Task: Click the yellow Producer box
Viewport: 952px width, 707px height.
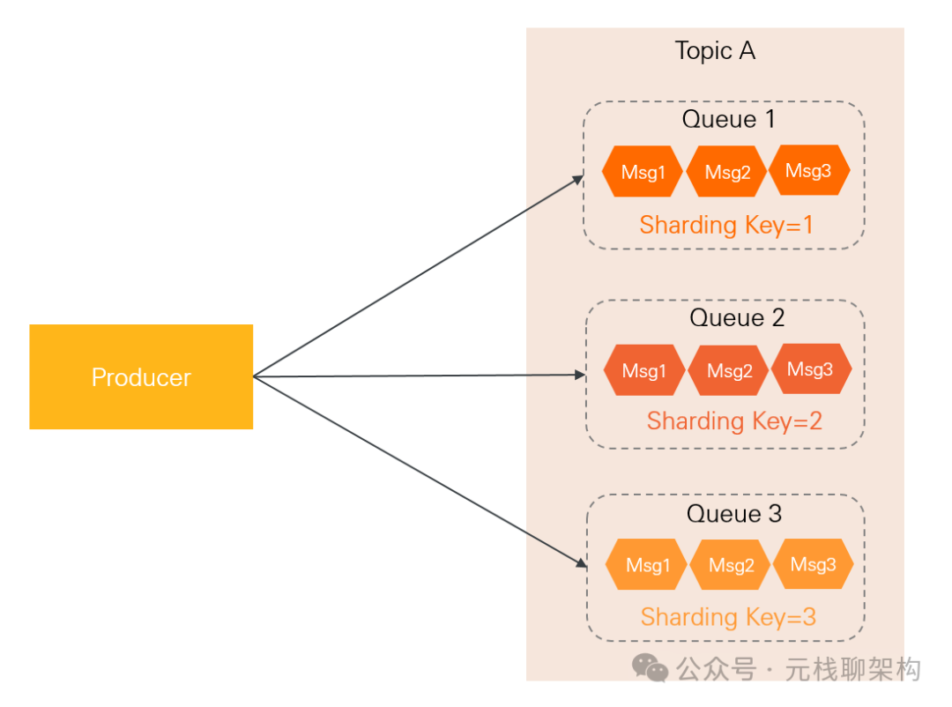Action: pos(141,377)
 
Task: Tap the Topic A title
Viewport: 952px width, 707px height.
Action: pos(715,51)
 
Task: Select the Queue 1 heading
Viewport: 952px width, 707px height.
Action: pos(728,120)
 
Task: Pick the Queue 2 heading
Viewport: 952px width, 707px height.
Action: pos(737,317)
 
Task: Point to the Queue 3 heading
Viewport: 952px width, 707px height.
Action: pos(734,514)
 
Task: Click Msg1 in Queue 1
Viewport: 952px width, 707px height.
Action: pos(643,172)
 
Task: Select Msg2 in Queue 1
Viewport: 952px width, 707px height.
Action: pos(727,172)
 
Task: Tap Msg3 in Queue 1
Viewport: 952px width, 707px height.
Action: pos(808,170)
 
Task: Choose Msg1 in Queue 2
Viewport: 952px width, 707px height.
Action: pos(644,370)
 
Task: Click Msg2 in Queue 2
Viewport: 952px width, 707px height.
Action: pos(729,370)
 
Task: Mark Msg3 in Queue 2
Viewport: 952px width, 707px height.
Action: pos(810,368)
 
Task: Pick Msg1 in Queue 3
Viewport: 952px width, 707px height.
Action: pos(648,565)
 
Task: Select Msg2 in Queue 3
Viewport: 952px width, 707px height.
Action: pos(731,565)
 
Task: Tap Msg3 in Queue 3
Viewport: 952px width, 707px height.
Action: pos(812,563)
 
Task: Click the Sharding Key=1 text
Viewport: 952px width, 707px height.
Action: pos(726,225)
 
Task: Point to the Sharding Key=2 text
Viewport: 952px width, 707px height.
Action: pos(734,421)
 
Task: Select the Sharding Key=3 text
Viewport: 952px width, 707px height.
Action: pos(728,617)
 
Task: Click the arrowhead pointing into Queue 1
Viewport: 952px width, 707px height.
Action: pos(577,180)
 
